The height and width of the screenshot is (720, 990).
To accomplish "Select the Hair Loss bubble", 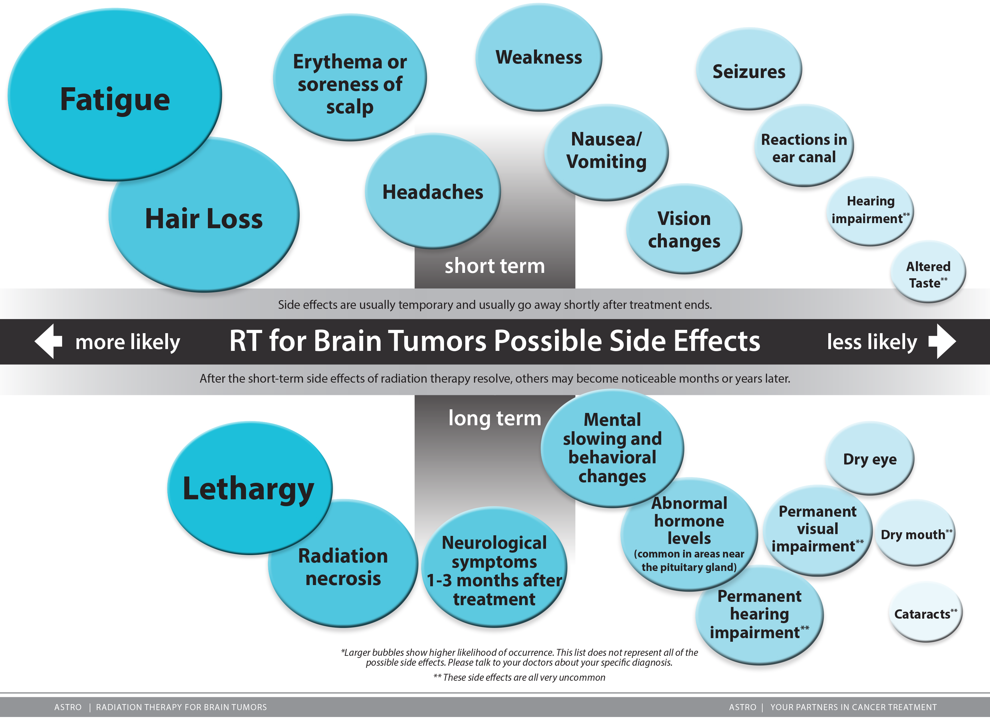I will pyautogui.click(x=204, y=218).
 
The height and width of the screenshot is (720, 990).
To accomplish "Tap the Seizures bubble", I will pyautogui.click(x=748, y=71).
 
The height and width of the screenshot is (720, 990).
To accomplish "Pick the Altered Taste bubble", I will pyautogui.click(x=928, y=274).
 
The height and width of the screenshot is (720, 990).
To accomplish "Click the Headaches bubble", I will pyautogui.click(x=433, y=192).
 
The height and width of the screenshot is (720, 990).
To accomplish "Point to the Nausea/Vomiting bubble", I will pyautogui.click(x=606, y=151).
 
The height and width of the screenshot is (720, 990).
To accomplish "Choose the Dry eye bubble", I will pyautogui.click(x=869, y=459).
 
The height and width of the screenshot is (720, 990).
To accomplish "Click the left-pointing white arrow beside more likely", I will pyautogui.click(x=48, y=341).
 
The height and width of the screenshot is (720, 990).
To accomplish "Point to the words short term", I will pyautogui.click(x=495, y=266).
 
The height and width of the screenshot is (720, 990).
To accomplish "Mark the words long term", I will pyautogui.click(x=495, y=418).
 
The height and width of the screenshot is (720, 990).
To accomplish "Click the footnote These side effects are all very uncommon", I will pyautogui.click(x=519, y=677).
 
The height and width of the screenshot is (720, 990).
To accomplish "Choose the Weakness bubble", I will pyautogui.click(x=538, y=57).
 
